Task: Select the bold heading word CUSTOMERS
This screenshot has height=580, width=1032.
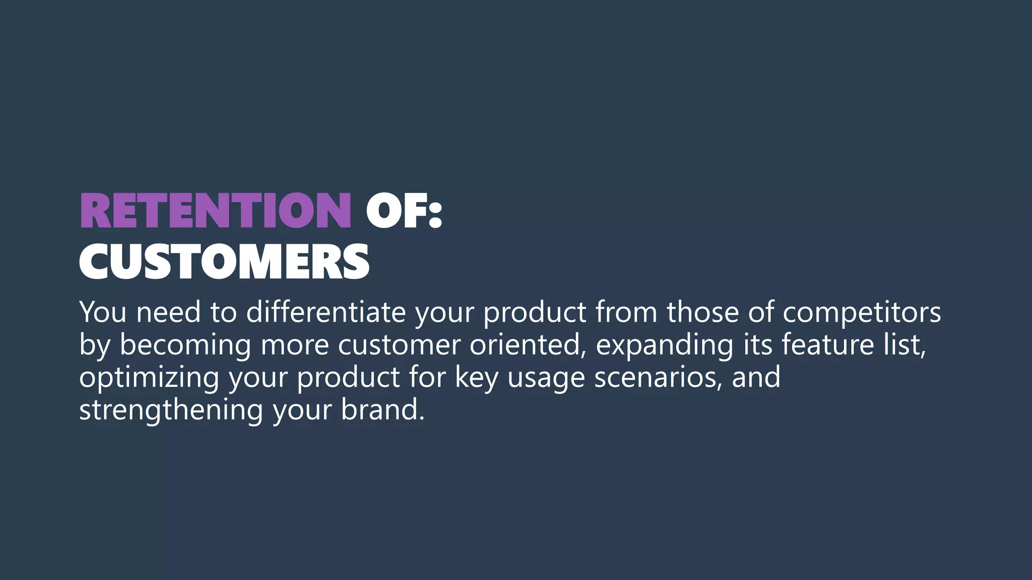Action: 224,262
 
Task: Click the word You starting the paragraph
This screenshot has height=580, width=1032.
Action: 102,312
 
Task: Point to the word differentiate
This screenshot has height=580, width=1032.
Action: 326,312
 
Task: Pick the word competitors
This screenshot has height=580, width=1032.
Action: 861,312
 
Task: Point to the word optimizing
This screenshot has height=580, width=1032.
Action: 149,378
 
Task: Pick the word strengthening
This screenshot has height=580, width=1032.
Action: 171,410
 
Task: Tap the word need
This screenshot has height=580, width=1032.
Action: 168,312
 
